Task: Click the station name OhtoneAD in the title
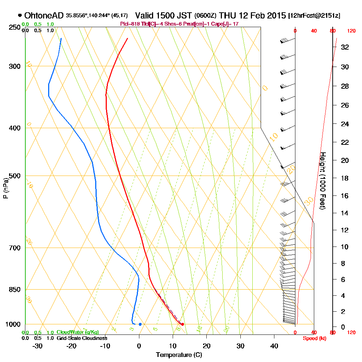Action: pos(45,16)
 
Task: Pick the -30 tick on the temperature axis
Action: pos(38,346)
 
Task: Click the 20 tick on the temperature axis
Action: pos(207,346)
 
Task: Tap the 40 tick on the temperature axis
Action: pos(274,346)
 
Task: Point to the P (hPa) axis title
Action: pos(5,188)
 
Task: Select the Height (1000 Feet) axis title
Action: pos(322,180)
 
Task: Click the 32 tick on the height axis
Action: pos(345,47)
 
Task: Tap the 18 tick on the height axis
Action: pos(345,178)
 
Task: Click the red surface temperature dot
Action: pos(182,324)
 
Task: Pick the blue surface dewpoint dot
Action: pos(140,324)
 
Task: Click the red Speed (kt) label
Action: pos(314,338)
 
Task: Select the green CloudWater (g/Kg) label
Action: pos(77,332)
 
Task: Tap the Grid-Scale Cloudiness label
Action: pos(81,338)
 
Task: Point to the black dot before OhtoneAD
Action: pos(20,16)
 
